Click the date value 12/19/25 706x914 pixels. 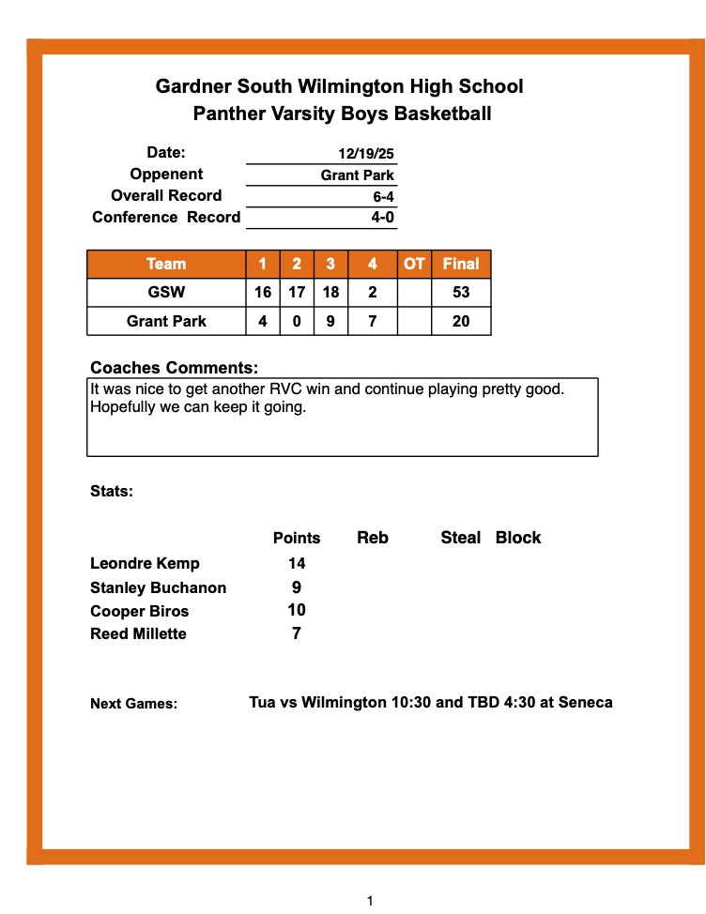(x=366, y=154)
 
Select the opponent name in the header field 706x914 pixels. (x=357, y=175)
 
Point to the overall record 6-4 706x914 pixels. (x=382, y=197)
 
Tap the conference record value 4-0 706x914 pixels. (x=382, y=218)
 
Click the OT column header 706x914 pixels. (x=414, y=264)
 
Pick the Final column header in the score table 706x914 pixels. (x=461, y=264)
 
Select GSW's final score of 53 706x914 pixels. (x=461, y=293)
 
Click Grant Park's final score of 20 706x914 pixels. (x=461, y=322)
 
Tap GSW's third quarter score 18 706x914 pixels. (x=330, y=293)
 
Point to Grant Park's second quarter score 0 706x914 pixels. (x=297, y=322)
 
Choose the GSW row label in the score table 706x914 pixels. (x=166, y=293)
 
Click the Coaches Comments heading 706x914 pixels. (x=174, y=368)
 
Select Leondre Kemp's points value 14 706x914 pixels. (x=297, y=564)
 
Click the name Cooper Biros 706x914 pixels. (x=139, y=611)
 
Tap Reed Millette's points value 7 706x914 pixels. (x=297, y=633)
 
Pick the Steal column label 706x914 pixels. (x=460, y=538)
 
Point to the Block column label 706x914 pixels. (x=518, y=538)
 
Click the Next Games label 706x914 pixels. (x=133, y=704)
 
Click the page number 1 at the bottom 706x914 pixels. (x=370, y=901)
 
